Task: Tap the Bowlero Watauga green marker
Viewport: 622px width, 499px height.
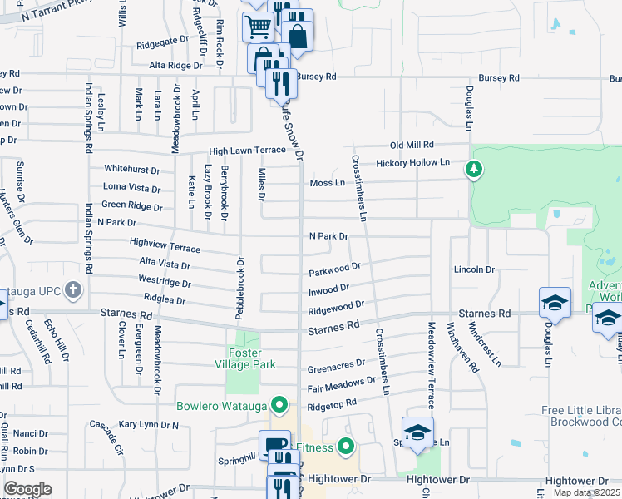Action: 282,407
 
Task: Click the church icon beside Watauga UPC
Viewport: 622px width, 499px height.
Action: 73,290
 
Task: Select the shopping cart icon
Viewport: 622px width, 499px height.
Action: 257,27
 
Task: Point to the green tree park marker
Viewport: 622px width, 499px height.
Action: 474,170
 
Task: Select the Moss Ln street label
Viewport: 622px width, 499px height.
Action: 327,182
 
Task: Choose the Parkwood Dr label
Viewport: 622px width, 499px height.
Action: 334,270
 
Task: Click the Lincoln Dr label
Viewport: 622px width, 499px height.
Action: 474,269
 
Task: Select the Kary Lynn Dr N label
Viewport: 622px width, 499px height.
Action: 149,424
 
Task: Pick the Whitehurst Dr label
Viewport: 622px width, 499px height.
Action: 131,169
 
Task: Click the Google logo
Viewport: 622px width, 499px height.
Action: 27,489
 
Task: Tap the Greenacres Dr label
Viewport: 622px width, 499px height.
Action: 336,364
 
